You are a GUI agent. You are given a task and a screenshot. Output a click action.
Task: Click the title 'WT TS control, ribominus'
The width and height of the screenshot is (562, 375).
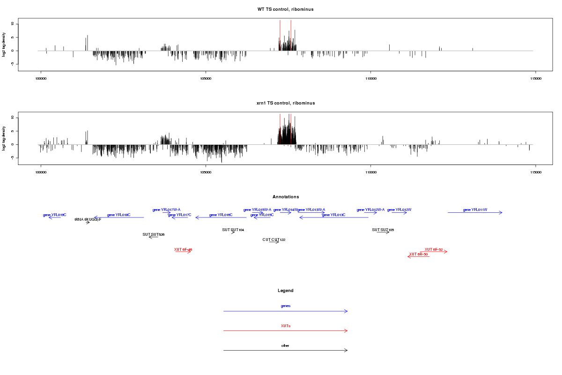point(285,9)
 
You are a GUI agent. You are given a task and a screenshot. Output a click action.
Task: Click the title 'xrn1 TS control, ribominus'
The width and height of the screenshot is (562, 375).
point(285,103)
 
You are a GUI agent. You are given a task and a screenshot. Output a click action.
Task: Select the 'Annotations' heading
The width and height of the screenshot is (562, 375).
point(285,196)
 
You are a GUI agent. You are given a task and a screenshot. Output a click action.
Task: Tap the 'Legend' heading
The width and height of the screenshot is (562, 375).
point(285,291)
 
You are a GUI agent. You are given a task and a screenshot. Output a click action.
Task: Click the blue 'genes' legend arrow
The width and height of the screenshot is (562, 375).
point(285,311)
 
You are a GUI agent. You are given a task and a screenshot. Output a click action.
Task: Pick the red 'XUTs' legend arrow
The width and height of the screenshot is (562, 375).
point(285,330)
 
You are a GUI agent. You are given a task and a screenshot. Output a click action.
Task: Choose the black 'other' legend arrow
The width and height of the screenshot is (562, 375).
point(285,350)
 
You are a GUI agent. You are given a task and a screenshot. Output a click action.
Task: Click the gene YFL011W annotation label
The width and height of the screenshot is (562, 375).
point(475,210)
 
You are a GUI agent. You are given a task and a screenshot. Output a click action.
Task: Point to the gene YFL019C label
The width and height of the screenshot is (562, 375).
point(54,215)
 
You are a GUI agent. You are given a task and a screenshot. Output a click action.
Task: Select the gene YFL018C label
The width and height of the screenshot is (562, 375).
point(118,215)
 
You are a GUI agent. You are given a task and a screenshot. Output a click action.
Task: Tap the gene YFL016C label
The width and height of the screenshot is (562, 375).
point(221,215)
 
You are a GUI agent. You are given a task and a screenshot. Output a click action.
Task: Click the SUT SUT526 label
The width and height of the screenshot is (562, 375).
point(153,234)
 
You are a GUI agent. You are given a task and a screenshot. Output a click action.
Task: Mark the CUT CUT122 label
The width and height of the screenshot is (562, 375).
point(274,240)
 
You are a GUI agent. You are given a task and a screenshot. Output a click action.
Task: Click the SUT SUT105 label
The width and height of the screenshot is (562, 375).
point(383,230)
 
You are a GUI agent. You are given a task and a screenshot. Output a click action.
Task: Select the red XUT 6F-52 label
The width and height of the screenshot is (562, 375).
point(434,249)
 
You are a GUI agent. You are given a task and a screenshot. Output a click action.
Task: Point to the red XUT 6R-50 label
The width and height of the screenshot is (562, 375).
point(418,254)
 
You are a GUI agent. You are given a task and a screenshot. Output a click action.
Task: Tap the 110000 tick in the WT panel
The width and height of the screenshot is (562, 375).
point(370,78)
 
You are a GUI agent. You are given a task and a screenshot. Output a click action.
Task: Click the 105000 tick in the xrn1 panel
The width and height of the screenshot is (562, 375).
point(206,172)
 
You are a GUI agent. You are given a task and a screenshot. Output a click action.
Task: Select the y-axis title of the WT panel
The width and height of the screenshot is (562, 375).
point(4,45)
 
